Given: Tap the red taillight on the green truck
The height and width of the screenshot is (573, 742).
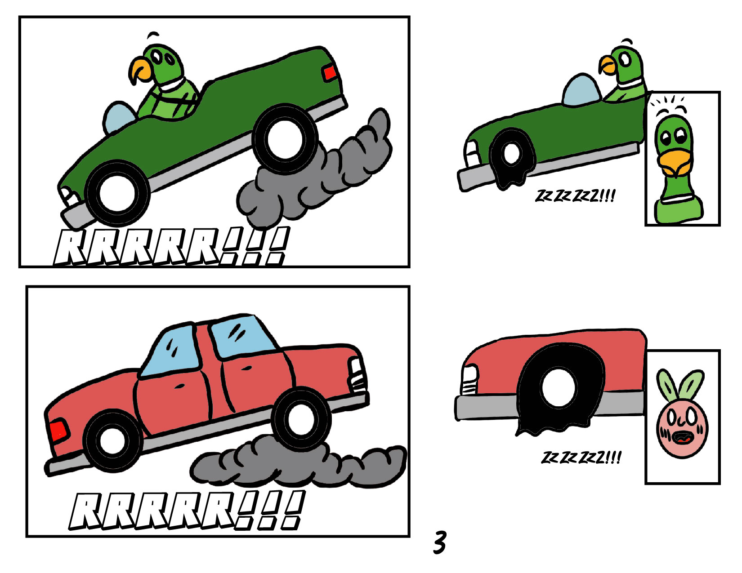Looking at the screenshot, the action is [x=330, y=73].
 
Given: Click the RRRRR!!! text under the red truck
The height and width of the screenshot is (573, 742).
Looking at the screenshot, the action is [x=187, y=510].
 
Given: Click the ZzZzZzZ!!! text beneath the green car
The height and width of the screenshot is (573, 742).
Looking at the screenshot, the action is [x=575, y=196].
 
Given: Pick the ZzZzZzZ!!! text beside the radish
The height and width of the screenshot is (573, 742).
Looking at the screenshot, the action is [x=581, y=458].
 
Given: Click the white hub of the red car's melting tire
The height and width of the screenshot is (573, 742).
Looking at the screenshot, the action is [x=559, y=388].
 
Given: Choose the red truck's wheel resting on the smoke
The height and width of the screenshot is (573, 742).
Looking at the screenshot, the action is [x=301, y=420].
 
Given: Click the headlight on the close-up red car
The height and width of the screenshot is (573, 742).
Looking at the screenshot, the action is [x=469, y=380].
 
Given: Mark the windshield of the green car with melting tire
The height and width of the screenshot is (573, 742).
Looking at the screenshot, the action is [x=581, y=89].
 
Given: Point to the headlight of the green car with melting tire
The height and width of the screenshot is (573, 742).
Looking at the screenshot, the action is [x=472, y=153].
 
